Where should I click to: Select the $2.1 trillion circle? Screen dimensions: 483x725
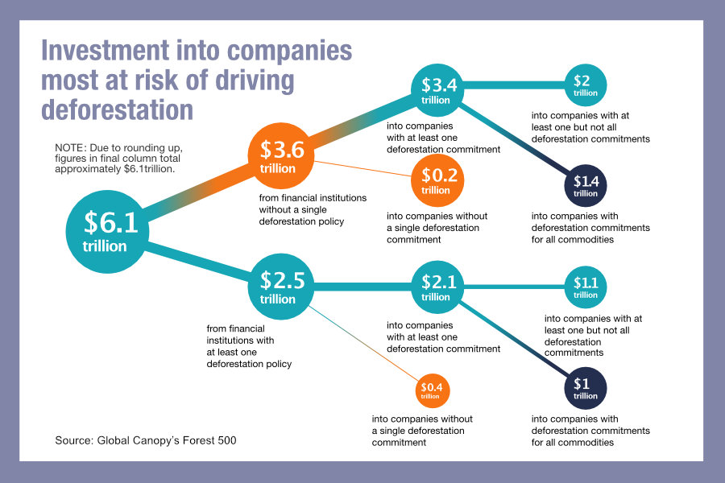tap(436, 287)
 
